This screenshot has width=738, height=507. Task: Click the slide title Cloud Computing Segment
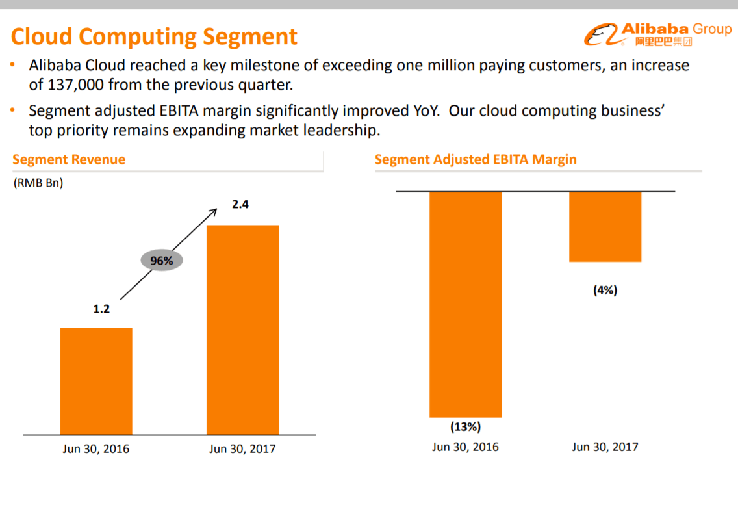click(154, 36)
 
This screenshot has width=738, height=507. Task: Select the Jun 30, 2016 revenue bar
click(96, 381)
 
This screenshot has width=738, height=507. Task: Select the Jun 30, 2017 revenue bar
click(242, 330)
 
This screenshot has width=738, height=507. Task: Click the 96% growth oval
click(162, 261)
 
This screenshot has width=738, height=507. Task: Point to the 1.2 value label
click(101, 309)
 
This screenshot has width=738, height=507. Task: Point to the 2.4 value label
click(240, 205)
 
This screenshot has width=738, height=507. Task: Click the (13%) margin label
click(465, 427)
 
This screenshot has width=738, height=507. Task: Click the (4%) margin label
click(605, 291)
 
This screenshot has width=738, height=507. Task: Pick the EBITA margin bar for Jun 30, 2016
click(465, 304)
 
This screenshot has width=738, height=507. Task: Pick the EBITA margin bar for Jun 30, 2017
click(605, 227)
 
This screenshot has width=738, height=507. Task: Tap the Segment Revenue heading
click(69, 160)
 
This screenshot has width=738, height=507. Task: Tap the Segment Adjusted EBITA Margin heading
click(476, 160)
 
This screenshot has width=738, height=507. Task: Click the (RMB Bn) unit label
click(38, 183)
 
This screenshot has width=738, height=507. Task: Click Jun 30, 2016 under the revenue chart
click(96, 449)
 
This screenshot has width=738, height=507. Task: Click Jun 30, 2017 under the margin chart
click(605, 447)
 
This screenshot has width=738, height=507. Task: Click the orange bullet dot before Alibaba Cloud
click(13, 66)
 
